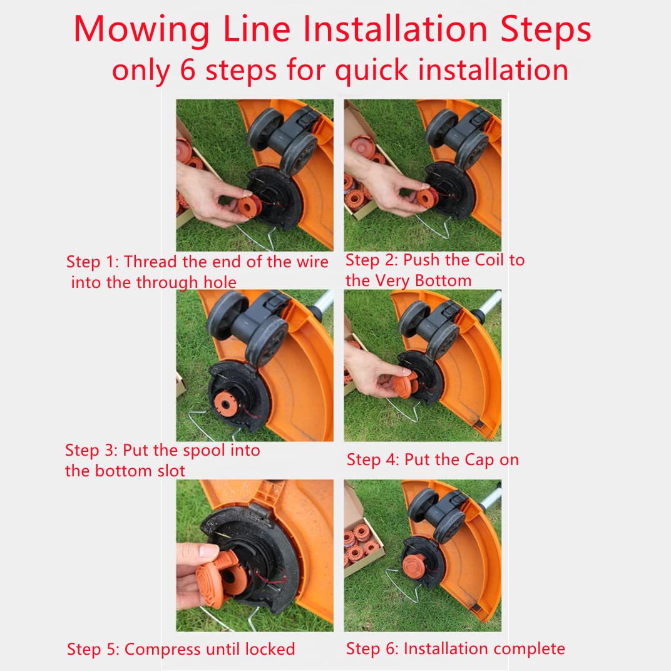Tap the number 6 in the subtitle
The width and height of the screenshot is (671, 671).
(x=188, y=69)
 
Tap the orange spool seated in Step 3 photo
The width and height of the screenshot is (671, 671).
(x=225, y=404)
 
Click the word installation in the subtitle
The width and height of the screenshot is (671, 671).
(x=493, y=69)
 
